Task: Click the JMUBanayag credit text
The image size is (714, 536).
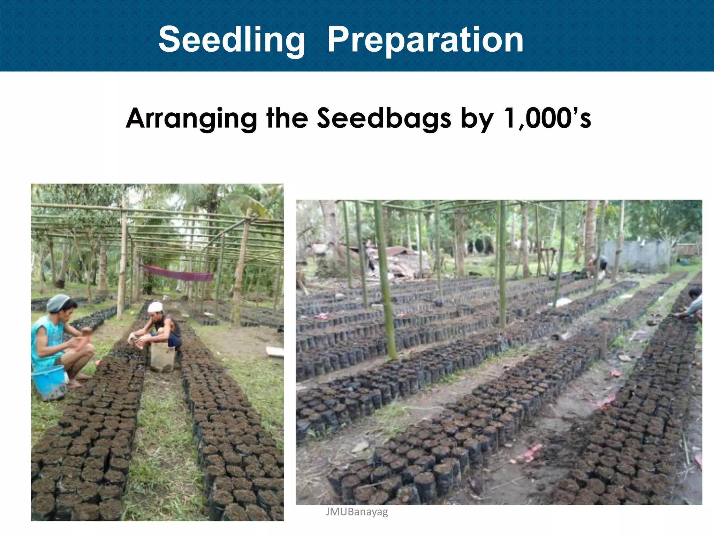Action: (x=356, y=512)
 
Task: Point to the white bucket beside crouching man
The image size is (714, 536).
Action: (x=162, y=358)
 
